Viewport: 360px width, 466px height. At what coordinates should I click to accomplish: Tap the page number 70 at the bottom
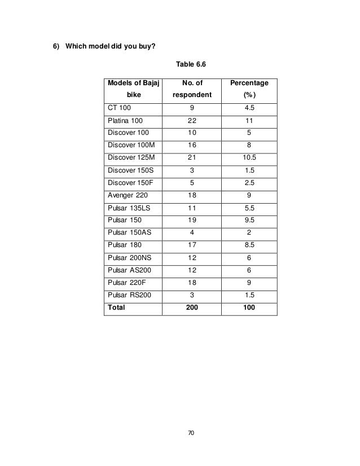click(x=191, y=433)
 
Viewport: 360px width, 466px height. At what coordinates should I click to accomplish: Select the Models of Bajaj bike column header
click(x=133, y=89)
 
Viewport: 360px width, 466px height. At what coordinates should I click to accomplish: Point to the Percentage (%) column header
click(x=249, y=89)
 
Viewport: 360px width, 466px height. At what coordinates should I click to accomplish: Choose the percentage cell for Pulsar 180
click(x=249, y=245)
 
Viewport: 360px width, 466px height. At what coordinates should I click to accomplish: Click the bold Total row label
click(x=117, y=308)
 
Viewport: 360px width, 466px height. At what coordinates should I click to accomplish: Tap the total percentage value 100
click(x=249, y=308)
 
